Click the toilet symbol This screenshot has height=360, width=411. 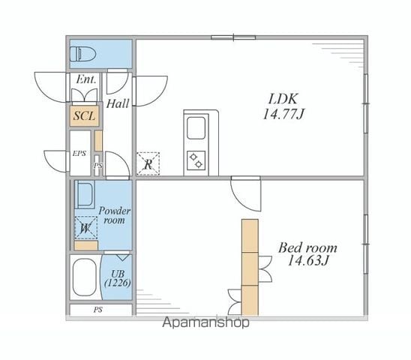pos(82,54)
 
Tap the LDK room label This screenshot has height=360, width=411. pos(283,99)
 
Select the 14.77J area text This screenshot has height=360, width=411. pos(283,114)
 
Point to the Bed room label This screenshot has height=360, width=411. pos(307,247)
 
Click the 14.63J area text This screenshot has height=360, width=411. pos(307,260)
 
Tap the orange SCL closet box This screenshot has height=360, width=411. pos(84,115)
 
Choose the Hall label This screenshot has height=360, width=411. pos(118,103)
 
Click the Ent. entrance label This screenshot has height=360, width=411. pos(85,79)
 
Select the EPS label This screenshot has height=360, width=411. pos(79,154)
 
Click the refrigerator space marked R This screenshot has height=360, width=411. pos(148,163)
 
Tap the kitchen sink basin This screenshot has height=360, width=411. pos(196,127)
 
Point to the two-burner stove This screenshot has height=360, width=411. pos(196,160)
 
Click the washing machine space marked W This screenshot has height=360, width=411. pos(85,228)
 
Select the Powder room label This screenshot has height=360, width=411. pos(115,215)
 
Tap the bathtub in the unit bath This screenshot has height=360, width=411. pos(84,277)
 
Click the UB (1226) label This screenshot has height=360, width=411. pos(118,278)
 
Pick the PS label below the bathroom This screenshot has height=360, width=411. pos(97,310)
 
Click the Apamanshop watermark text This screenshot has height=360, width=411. pos(205,322)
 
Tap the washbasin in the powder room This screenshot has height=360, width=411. pos(85,194)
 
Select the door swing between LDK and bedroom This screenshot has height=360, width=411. pos(246,193)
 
